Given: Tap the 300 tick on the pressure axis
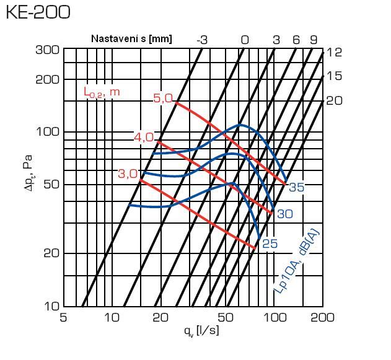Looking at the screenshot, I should [46, 50].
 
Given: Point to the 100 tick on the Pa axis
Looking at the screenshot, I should [46, 132].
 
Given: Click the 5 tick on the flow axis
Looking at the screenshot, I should [63, 318].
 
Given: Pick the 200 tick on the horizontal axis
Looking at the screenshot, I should [322, 318].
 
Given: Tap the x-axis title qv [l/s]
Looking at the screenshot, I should [201, 331].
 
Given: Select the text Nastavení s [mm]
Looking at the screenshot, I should [131, 38].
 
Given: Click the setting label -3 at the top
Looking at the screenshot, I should [202, 40].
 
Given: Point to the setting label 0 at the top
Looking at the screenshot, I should [245, 40].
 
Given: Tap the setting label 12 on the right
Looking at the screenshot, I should [334, 53].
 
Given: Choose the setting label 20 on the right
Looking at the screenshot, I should [334, 99].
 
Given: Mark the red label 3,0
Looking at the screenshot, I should [128, 174].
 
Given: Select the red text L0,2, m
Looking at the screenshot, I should [102, 92].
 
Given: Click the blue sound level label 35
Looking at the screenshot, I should [296, 187].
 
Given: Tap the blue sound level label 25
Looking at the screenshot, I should [270, 244].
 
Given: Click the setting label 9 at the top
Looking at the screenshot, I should [314, 40].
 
